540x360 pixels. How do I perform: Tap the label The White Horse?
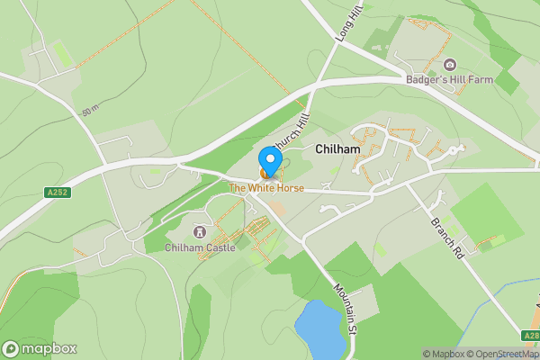click(x=265, y=188)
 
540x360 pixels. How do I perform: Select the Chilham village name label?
click(x=337, y=147)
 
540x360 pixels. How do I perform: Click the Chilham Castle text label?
click(x=201, y=247)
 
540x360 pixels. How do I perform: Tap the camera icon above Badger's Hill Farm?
click(x=450, y=65)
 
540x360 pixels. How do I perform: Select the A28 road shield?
click(x=531, y=337)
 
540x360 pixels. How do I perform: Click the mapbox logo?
click(x=40, y=349)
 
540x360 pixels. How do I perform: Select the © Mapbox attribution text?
click(x=443, y=354)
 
